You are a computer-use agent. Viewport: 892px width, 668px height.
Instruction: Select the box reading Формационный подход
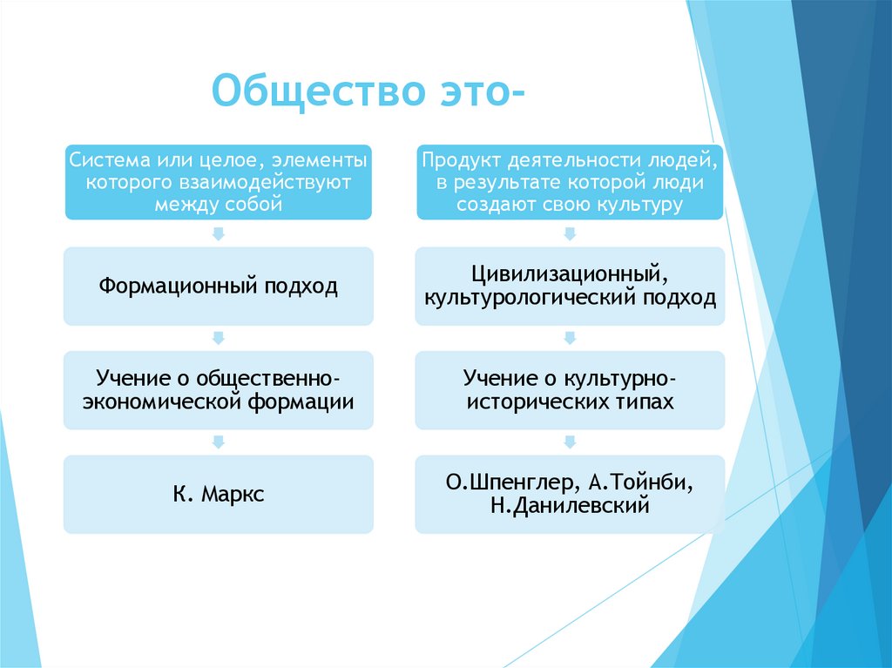coord(218,286)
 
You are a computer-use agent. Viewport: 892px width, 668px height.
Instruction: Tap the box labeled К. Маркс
coord(218,495)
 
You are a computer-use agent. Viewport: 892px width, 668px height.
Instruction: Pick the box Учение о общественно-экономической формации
coord(218,390)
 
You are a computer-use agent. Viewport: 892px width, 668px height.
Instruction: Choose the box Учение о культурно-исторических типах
coord(570,390)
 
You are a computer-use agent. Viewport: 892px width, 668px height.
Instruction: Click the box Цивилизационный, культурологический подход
coord(570,286)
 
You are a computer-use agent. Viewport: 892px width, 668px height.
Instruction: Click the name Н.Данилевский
coord(570,506)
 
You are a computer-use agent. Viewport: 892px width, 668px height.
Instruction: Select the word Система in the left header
coord(106,160)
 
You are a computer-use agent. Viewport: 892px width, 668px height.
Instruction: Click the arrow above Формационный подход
coord(218,233)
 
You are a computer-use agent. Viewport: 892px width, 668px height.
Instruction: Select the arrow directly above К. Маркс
coord(218,442)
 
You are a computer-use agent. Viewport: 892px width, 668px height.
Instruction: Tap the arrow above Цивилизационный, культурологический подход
coord(570,233)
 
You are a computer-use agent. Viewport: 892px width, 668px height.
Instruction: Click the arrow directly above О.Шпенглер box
coord(570,442)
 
